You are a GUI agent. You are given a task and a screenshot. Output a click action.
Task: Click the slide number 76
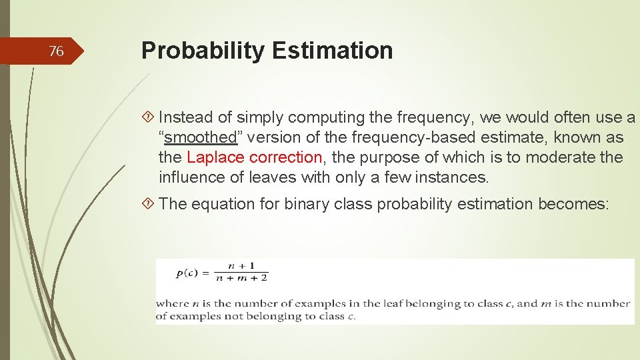coord(57,51)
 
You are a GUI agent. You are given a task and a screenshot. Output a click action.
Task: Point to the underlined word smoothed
coord(201,138)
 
